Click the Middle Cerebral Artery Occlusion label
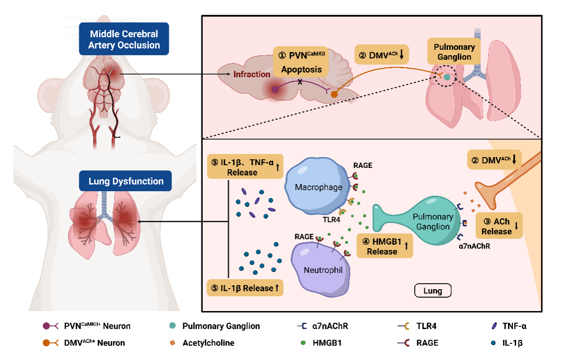tap(124, 40)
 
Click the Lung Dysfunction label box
tap(125, 181)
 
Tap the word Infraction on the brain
tap(251, 74)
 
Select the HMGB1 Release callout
tap(385, 246)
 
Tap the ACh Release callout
tap(499, 226)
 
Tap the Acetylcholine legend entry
tap(208, 342)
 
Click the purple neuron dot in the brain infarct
tap(275, 89)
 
